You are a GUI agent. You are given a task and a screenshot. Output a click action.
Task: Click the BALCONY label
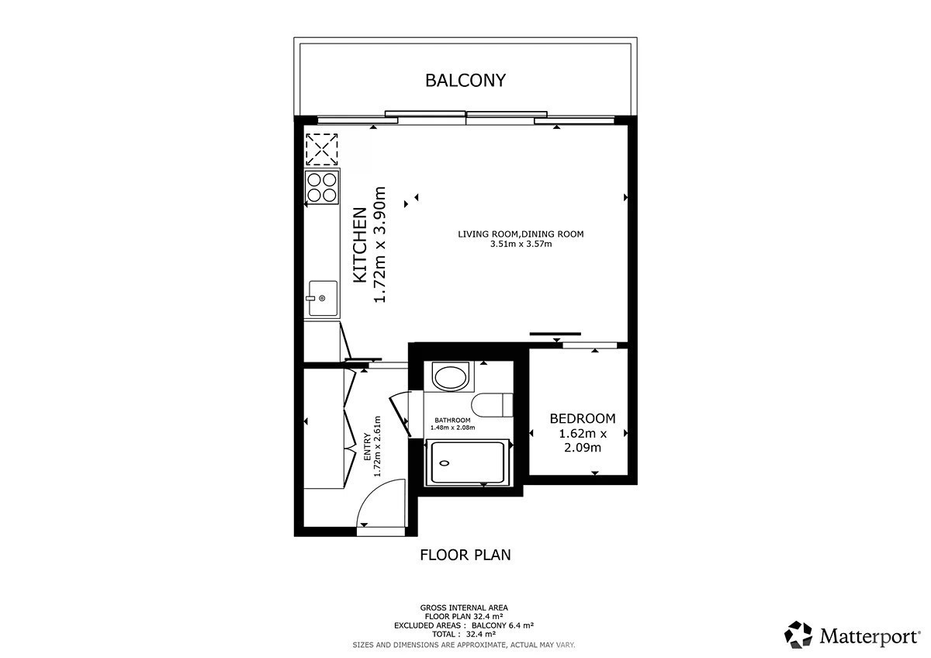(x=465, y=80)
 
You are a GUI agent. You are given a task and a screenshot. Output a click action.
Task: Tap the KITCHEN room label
(x=360, y=245)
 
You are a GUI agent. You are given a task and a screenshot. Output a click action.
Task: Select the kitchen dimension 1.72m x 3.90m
(x=380, y=245)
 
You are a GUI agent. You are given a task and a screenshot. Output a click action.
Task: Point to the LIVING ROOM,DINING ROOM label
(x=521, y=234)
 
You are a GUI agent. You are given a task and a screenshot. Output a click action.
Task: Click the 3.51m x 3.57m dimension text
(x=521, y=244)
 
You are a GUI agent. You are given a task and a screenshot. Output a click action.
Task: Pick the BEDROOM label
(x=583, y=418)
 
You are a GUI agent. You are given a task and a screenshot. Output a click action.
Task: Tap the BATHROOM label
(x=452, y=421)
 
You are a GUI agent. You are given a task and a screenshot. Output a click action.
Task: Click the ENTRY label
(x=368, y=447)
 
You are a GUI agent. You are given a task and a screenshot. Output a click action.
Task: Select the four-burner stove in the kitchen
(x=322, y=188)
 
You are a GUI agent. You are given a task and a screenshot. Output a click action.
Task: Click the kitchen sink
(x=323, y=298)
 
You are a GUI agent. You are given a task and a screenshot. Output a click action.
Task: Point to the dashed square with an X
(x=322, y=150)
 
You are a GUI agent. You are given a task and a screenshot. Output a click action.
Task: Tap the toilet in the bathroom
(x=492, y=404)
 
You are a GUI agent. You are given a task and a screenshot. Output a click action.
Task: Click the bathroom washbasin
(x=450, y=376)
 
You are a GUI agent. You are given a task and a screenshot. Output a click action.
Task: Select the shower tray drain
(x=445, y=463)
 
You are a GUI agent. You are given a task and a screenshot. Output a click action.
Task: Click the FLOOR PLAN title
(x=465, y=555)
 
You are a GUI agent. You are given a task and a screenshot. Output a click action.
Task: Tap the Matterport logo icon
(x=798, y=635)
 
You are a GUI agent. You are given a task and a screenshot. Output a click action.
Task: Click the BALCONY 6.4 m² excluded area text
(x=503, y=625)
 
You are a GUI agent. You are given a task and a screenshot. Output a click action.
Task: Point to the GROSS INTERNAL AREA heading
(x=464, y=608)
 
